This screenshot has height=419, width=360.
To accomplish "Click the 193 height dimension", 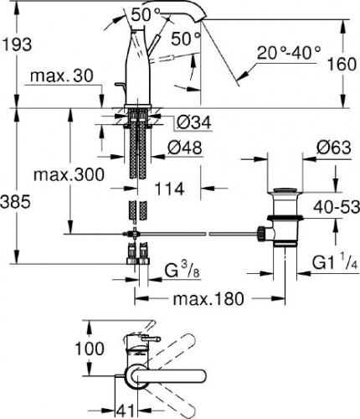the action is pyautogui.click(x=17, y=44).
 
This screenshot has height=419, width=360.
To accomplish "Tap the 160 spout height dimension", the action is pyautogui.click(x=342, y=64).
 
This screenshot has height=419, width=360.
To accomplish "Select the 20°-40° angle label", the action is pyautogui.click(x=289, y=52).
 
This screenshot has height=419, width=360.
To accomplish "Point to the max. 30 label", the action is pyautogui.click(x=61, y=75).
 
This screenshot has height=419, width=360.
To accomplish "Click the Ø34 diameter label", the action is pyautogui.click(x=194, y=122).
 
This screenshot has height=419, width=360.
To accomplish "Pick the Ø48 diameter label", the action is pyautogui.click(x=184, y=147).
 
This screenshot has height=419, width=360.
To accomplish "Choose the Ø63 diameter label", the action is pyautogui.click(x=334, y=147).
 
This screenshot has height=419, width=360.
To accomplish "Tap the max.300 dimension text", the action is pyautogui.click(x=69, y=174).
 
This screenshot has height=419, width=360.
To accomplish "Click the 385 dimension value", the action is pyautogui.click(x=15, y=202).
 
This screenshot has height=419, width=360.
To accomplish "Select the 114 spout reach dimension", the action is pyautogui.click(x=169, y=189).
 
